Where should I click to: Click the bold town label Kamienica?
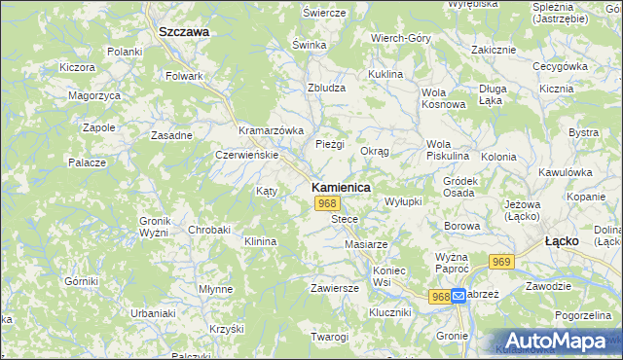[x=340, y=186]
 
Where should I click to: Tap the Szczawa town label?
[x=184, y=31]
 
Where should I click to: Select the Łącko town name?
[x=562, y=239]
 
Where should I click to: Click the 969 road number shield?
[x=502, y=262]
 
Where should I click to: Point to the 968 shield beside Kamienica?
[x=327, y=203]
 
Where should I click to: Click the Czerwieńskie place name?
[x=247, y=155]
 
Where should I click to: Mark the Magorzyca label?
[x=94, y=95]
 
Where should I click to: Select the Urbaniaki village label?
[x=126, y=313]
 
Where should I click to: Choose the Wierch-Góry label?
[x=401, y=38]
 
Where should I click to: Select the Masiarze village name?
[x=366, y=243]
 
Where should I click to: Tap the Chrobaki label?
[x=209, y=230]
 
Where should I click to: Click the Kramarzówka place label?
[x=272, y=130]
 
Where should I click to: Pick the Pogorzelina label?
[x=582, y=316]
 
